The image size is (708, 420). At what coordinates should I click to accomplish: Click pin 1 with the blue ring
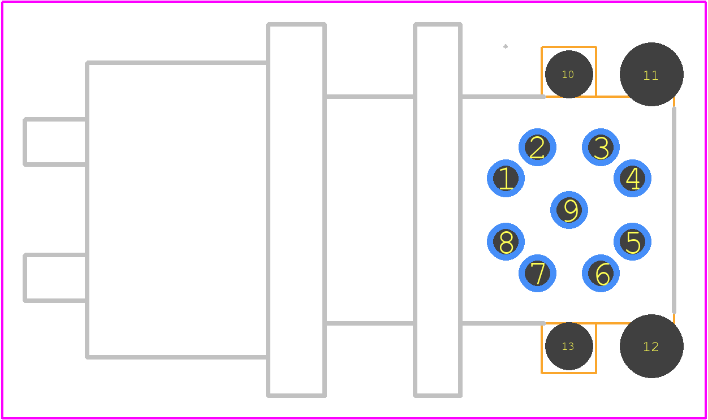[506, 179]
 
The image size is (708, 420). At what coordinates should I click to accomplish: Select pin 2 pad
[537, 148]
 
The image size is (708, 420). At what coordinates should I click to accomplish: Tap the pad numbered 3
[601, 148]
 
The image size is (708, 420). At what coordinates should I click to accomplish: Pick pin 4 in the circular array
[632, 179]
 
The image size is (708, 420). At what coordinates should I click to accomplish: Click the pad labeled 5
[632, 242]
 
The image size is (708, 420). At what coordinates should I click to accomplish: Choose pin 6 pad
[601, 274]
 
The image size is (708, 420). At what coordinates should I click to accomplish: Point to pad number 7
[537, 274]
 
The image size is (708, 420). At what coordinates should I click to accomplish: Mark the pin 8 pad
[506, 242]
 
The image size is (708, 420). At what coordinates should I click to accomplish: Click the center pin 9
[569, 210]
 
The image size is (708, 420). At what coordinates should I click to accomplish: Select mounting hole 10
[569, 74]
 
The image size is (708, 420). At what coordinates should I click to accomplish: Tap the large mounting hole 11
[651, 74]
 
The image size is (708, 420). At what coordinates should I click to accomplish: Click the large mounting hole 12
[651, 346]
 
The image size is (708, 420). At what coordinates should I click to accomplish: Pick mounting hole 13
[569, 346]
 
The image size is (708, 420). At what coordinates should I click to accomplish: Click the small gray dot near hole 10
[506, 46]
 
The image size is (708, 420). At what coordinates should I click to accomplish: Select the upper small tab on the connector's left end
[24, 142]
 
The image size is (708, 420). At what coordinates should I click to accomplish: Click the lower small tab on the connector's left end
[24, 278]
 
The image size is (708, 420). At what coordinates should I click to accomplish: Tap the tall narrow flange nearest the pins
[415, 210]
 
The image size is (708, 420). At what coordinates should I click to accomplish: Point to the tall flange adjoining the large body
[268, 210]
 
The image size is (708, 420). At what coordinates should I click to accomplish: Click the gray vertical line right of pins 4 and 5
[674, 210]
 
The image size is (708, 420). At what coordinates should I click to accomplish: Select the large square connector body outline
[87, 210]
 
